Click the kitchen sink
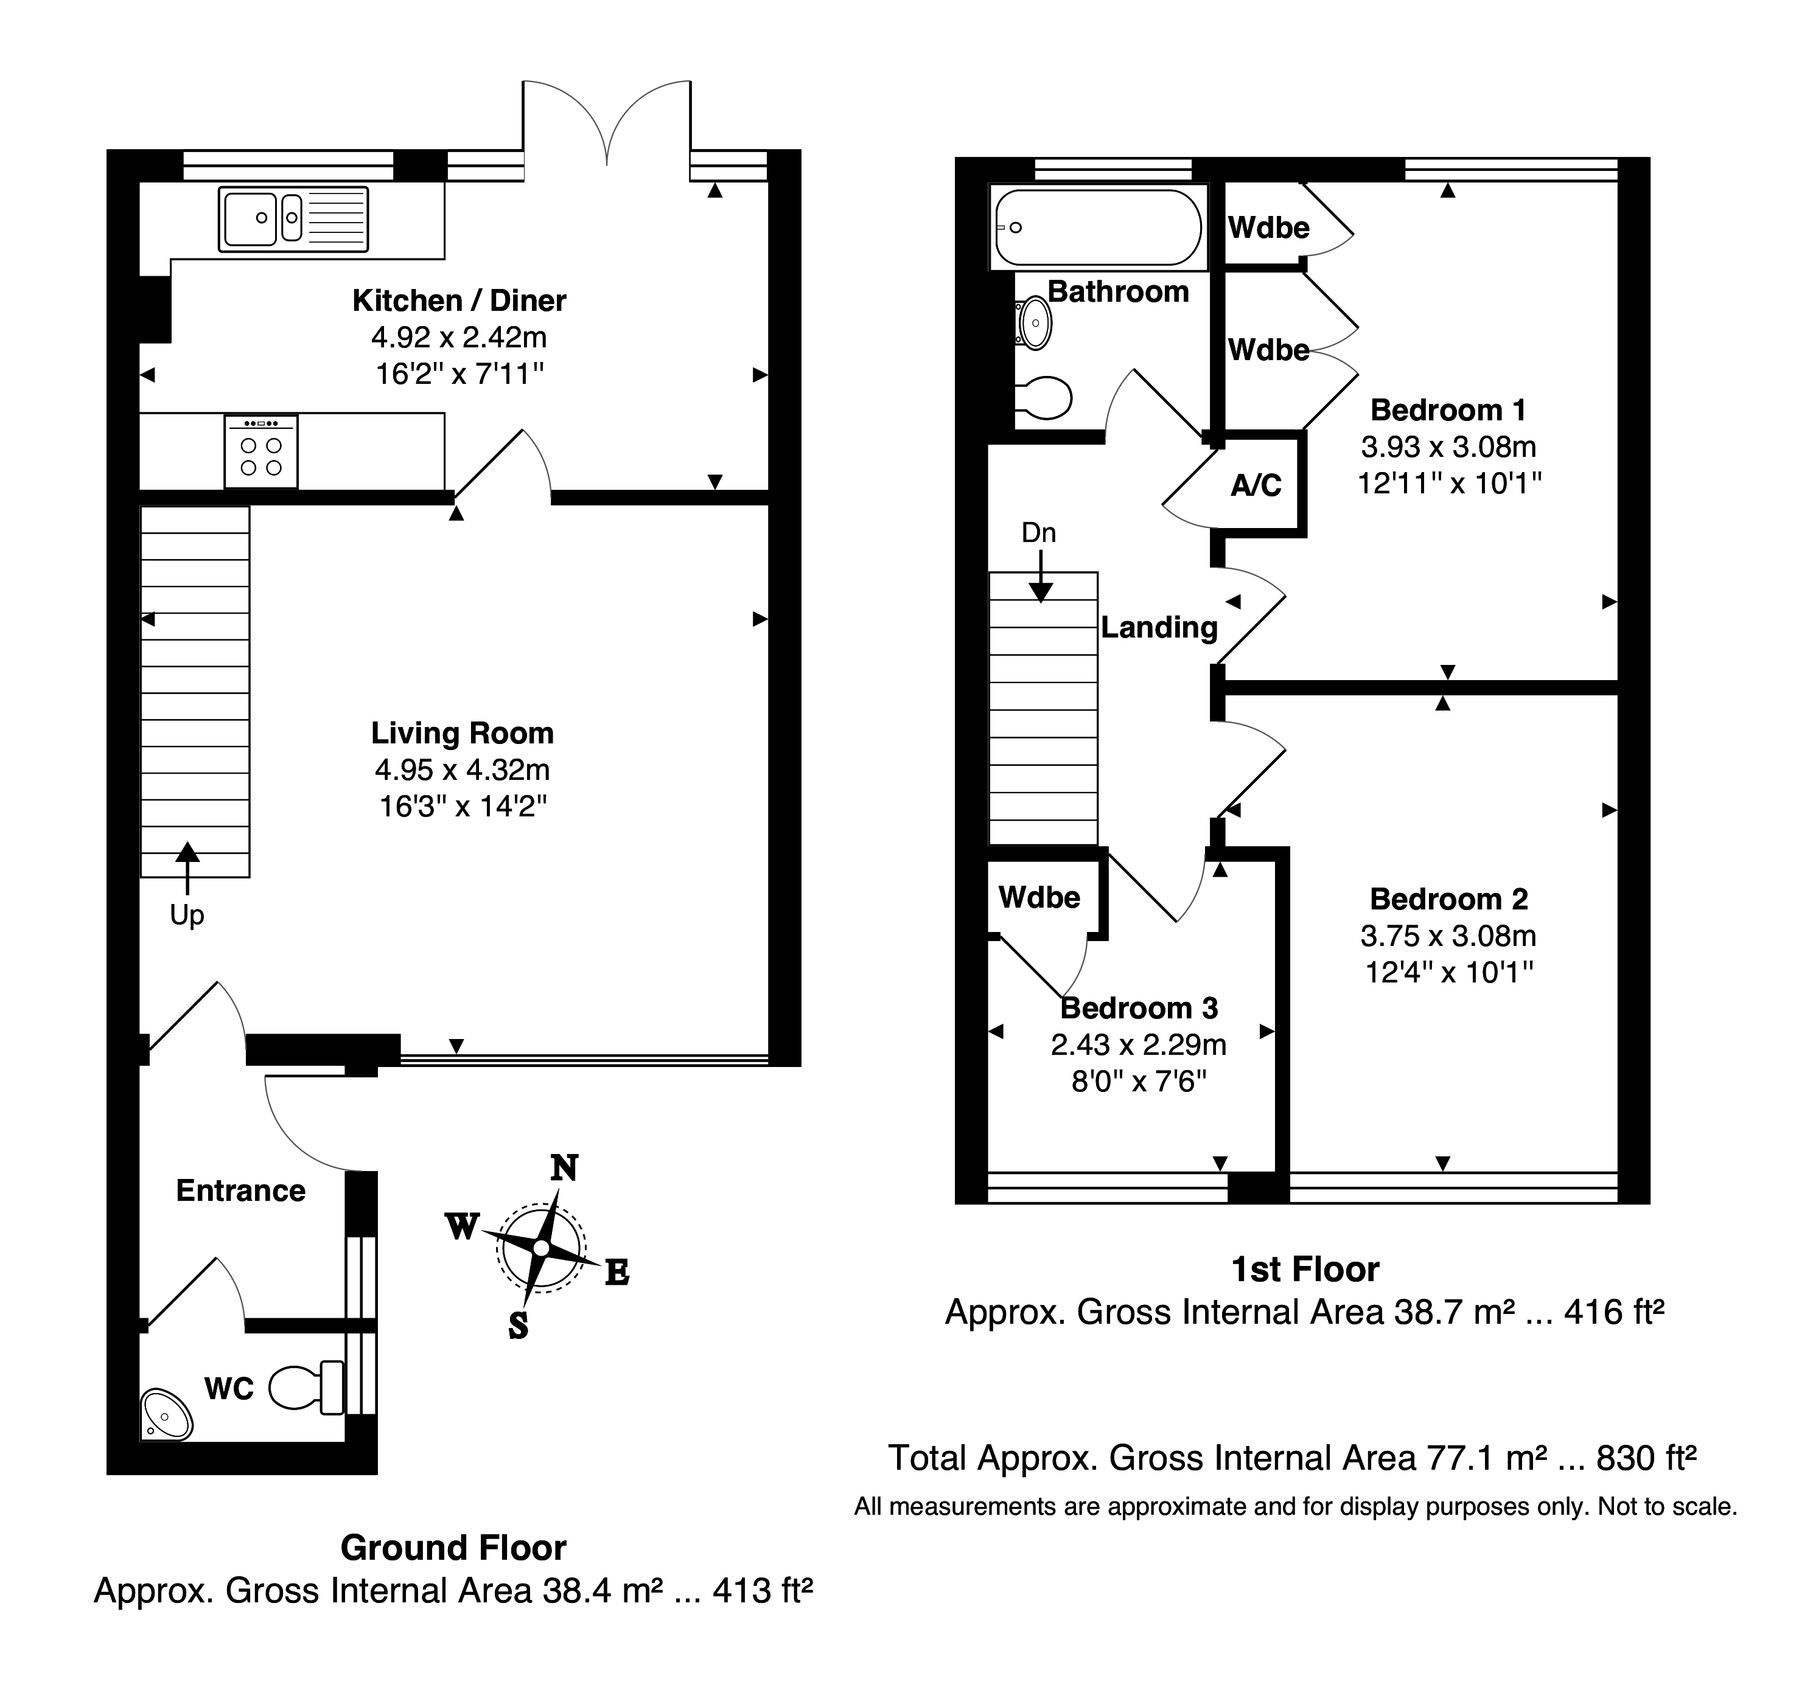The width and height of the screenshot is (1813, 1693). tap(293, 219)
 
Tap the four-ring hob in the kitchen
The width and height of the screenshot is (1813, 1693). tap(262, 450)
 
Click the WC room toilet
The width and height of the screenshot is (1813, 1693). tap(307, 1386)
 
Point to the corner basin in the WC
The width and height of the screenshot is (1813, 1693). tap(166, 1414)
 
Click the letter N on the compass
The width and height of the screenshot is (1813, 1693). tap(565, 1168)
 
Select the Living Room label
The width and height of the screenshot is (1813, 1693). tap(463, 733)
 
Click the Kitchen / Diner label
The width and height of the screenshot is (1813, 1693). tap(459, 300)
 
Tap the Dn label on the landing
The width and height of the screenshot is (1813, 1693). tap(1039, 532)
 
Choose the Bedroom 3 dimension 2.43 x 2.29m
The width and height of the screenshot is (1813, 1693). tap(1138, 1045)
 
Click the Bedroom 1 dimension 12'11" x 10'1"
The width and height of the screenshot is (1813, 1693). tap(1449, 483)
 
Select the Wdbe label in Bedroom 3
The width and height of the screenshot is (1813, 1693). tap(1039, 898)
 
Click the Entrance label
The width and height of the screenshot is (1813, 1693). tap(241, 1191)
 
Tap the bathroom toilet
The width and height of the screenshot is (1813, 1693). tap(1045, 397)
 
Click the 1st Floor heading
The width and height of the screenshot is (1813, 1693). tap(1305, 1269)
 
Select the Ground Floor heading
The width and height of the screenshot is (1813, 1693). tap(453, 1548)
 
